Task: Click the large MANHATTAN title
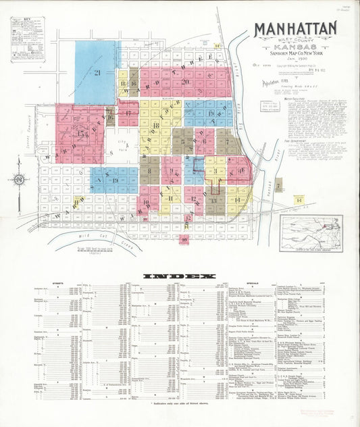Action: coord(295,28)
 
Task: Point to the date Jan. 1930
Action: coord(295,58)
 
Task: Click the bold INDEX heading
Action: coord(179,276)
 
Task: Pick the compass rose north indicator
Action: coord(18,180)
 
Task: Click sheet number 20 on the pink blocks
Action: coord(184,82)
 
